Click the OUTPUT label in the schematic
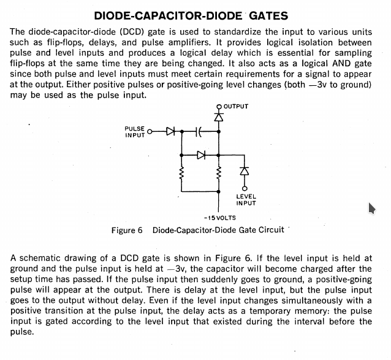236,107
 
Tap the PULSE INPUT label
135,132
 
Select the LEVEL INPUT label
246,200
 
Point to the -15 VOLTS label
219,218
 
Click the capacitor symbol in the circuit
199,131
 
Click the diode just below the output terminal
219,117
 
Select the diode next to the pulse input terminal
171,131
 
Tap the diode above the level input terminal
245,171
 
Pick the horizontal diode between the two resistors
201,155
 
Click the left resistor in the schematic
181,173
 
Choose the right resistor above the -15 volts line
219,173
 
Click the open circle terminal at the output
219,107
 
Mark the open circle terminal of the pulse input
150,131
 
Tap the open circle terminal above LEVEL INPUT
245,188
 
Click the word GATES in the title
268,16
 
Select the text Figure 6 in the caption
127,230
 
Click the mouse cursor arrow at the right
371,208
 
